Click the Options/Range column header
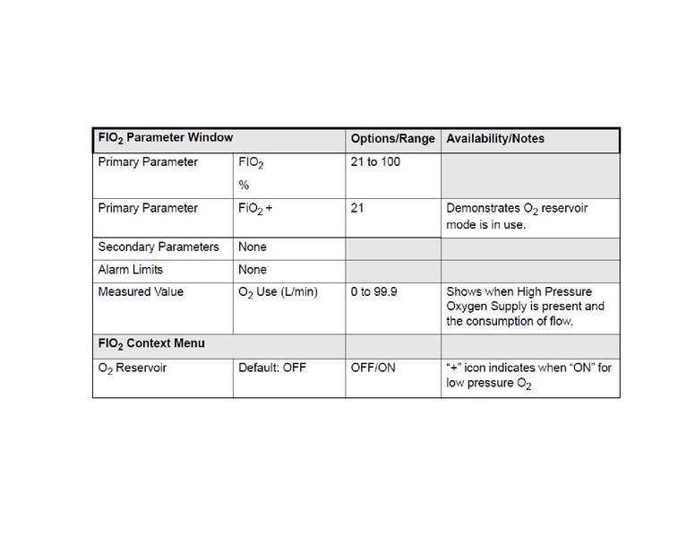392,139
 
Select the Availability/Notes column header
494,139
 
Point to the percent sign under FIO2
244,185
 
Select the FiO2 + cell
255,208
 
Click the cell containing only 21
357,208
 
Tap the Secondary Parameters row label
159,247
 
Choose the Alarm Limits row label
131,269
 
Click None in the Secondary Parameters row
253,247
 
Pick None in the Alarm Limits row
253,269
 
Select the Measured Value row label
141,291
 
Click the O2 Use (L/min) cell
278,291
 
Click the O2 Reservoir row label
133,368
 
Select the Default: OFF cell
272,368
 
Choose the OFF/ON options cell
373,368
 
